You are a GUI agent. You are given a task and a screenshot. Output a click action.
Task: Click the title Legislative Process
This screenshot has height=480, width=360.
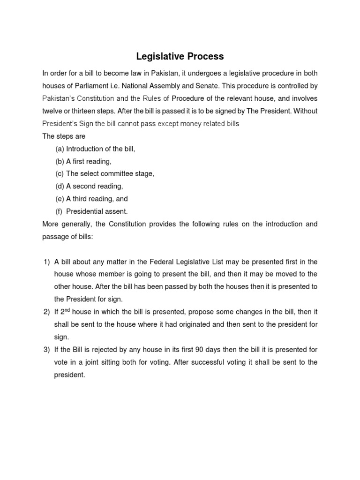180,57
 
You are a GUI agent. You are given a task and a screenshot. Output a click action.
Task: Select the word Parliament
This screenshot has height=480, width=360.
88,86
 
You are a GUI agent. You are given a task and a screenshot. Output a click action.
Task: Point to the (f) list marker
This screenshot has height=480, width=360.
59,211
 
